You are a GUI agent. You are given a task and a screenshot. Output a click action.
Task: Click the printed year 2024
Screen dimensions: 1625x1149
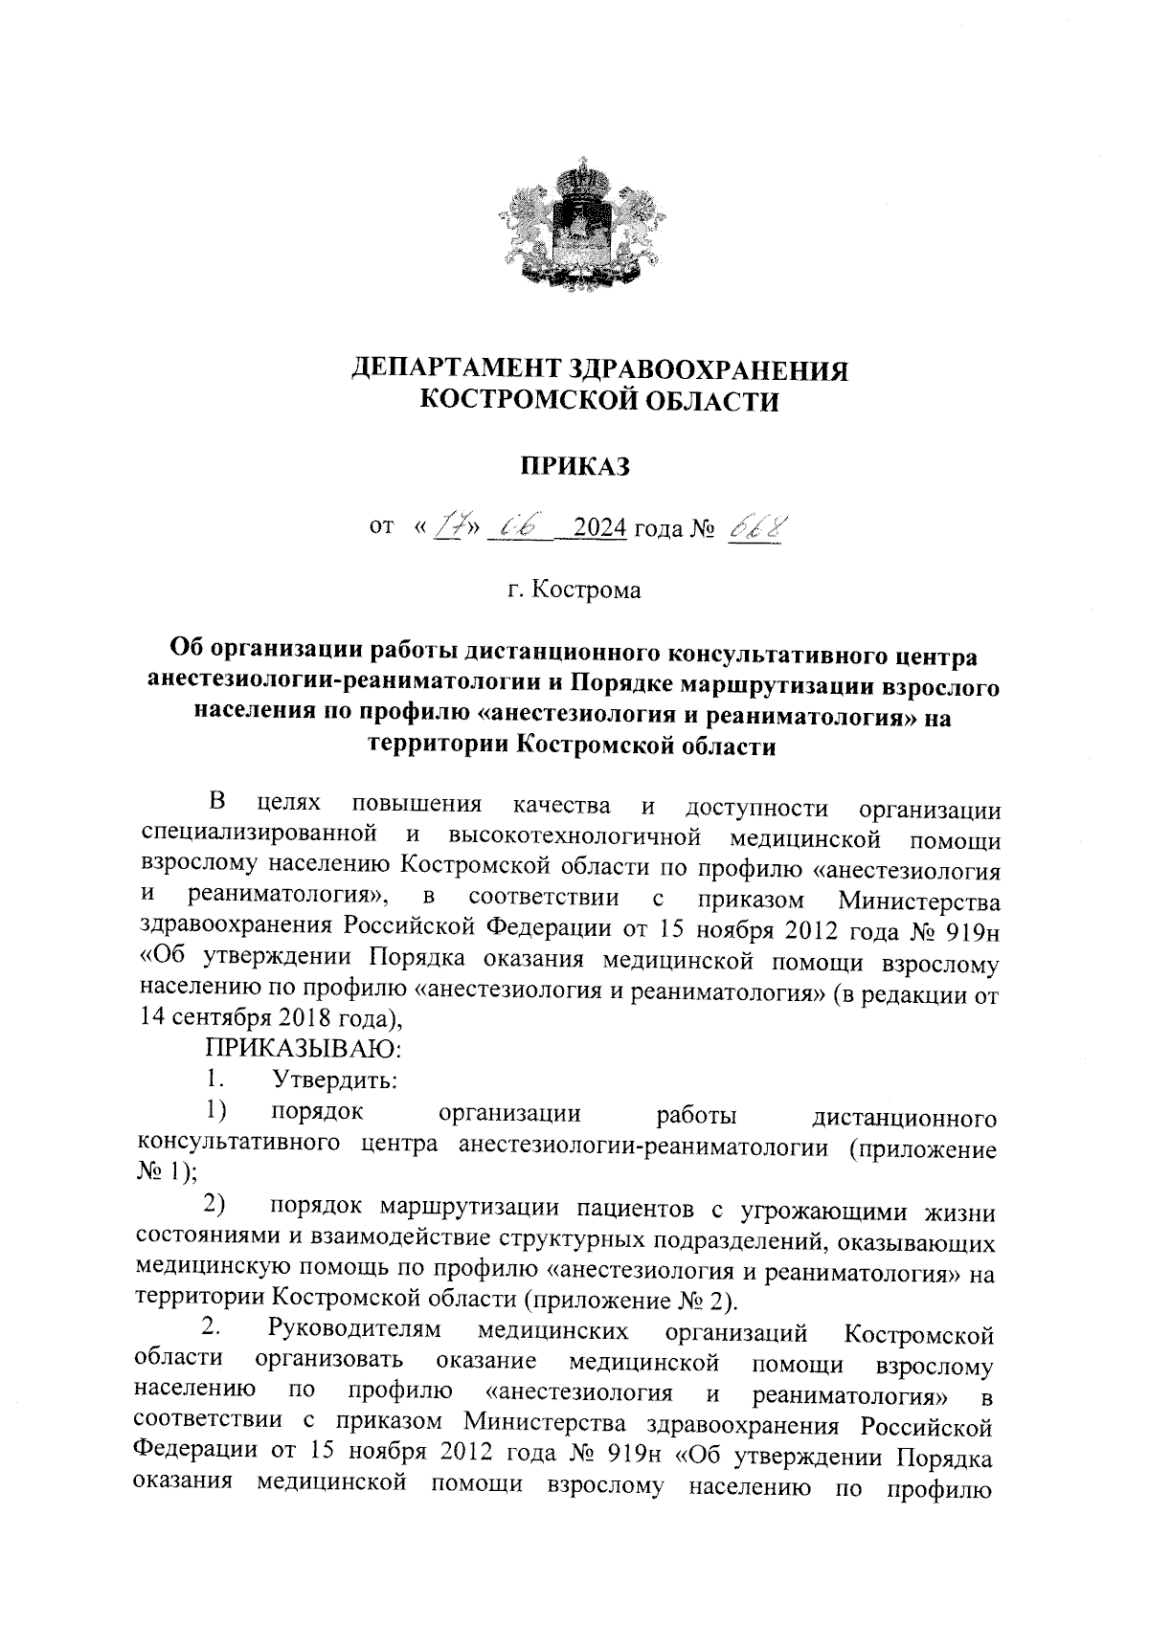coord(597,528)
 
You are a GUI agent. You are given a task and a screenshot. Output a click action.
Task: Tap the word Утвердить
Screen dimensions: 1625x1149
coord(335,1080)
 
